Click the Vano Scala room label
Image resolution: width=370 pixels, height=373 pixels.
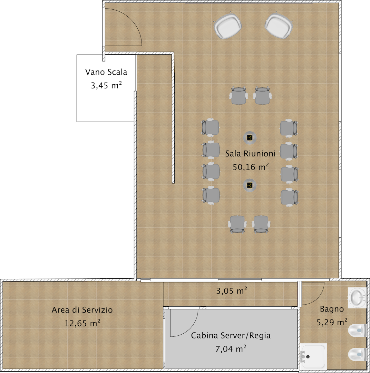(106, 72)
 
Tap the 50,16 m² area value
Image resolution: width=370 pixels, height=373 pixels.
(251, 167)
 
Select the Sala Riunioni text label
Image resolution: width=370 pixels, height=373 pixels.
(250, 153)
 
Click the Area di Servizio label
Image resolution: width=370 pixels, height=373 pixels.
(82, 310)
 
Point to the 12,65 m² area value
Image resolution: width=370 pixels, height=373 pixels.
(82, 323)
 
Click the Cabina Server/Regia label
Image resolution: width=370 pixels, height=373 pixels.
(231, 335)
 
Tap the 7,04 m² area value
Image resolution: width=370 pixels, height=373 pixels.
(231, 348)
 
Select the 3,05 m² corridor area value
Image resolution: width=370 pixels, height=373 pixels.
(231, 290)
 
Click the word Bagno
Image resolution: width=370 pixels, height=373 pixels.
(332, 309)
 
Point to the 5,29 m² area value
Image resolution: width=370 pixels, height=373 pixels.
(332, 322)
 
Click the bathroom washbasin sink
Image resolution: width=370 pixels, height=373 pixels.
(357, 298)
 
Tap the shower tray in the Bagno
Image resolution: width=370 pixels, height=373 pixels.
(313, 356)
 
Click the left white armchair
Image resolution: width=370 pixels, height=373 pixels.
(227, 26)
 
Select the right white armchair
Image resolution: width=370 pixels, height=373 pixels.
(279, 25)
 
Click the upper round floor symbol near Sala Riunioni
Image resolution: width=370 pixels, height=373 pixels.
(250, 137)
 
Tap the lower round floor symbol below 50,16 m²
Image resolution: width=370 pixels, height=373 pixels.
(250, 185)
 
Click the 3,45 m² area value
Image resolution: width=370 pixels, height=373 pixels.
(106, 85)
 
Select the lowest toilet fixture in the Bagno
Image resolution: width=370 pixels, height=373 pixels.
(357, 354)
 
